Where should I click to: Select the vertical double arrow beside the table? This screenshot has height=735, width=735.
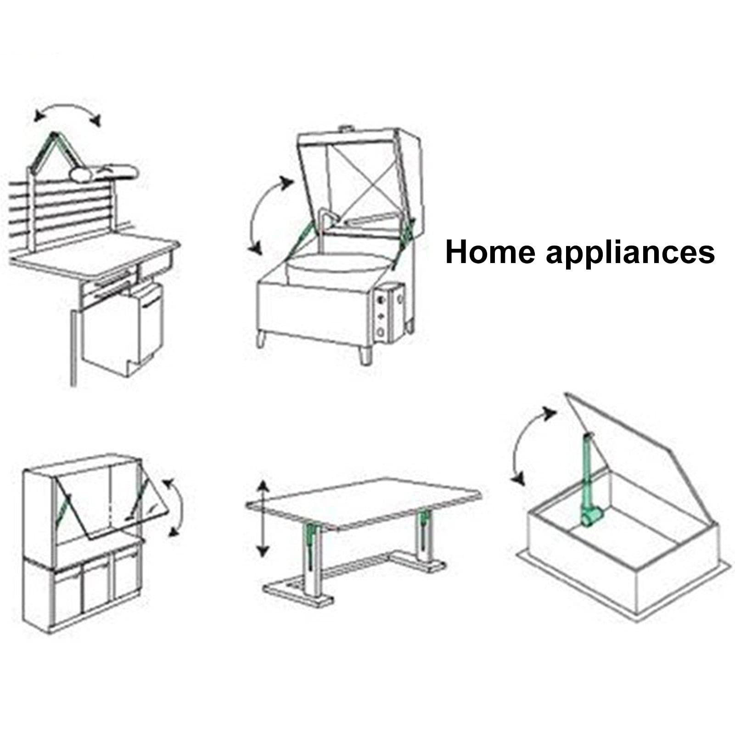click(262, 518)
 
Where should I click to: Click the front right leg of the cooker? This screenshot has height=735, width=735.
click(365, 353)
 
